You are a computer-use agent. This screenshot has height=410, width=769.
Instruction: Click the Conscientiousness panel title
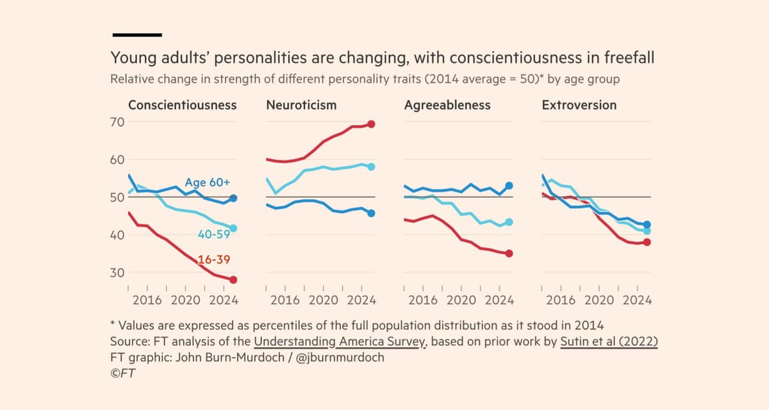tap(182, 105)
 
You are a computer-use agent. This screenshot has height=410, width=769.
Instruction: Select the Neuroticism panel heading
tap(301, 105)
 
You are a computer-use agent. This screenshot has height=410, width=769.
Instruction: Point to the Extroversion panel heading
tap(579, 105)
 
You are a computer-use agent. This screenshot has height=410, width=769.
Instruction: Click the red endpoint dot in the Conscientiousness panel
tap(233, 280)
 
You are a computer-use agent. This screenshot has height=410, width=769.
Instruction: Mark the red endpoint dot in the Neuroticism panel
tap(371, 124)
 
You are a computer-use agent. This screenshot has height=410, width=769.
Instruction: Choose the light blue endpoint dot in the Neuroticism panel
tap(371, 167)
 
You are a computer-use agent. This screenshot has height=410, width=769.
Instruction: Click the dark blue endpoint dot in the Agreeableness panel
tap(509, 186)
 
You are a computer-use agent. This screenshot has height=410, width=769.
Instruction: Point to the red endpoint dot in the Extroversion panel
tap(647, 242)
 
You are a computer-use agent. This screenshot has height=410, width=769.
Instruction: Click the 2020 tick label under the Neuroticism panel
tap(323, 300)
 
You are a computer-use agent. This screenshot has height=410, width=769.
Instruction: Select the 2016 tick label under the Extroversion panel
tap(561, 300)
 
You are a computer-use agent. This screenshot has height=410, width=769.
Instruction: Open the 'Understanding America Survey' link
tap(340, 342)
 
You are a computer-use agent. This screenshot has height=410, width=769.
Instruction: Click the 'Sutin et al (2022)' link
tap(608, 342)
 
